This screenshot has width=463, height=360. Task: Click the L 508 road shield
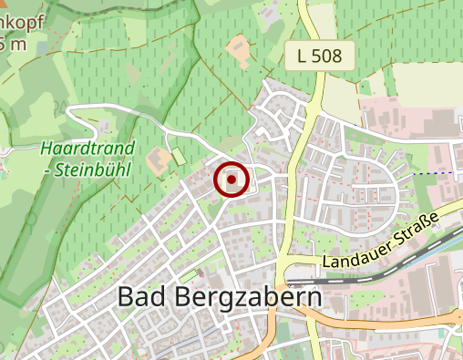tap(320, 56)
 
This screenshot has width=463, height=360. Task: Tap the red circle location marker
tap(231, 180)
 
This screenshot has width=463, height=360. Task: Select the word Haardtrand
tap(87, 149)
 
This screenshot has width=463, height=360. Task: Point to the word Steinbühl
tap(93, 169)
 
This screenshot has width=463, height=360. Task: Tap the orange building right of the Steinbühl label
tap(158, 163)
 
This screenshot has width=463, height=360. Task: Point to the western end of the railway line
tap(290, 283)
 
